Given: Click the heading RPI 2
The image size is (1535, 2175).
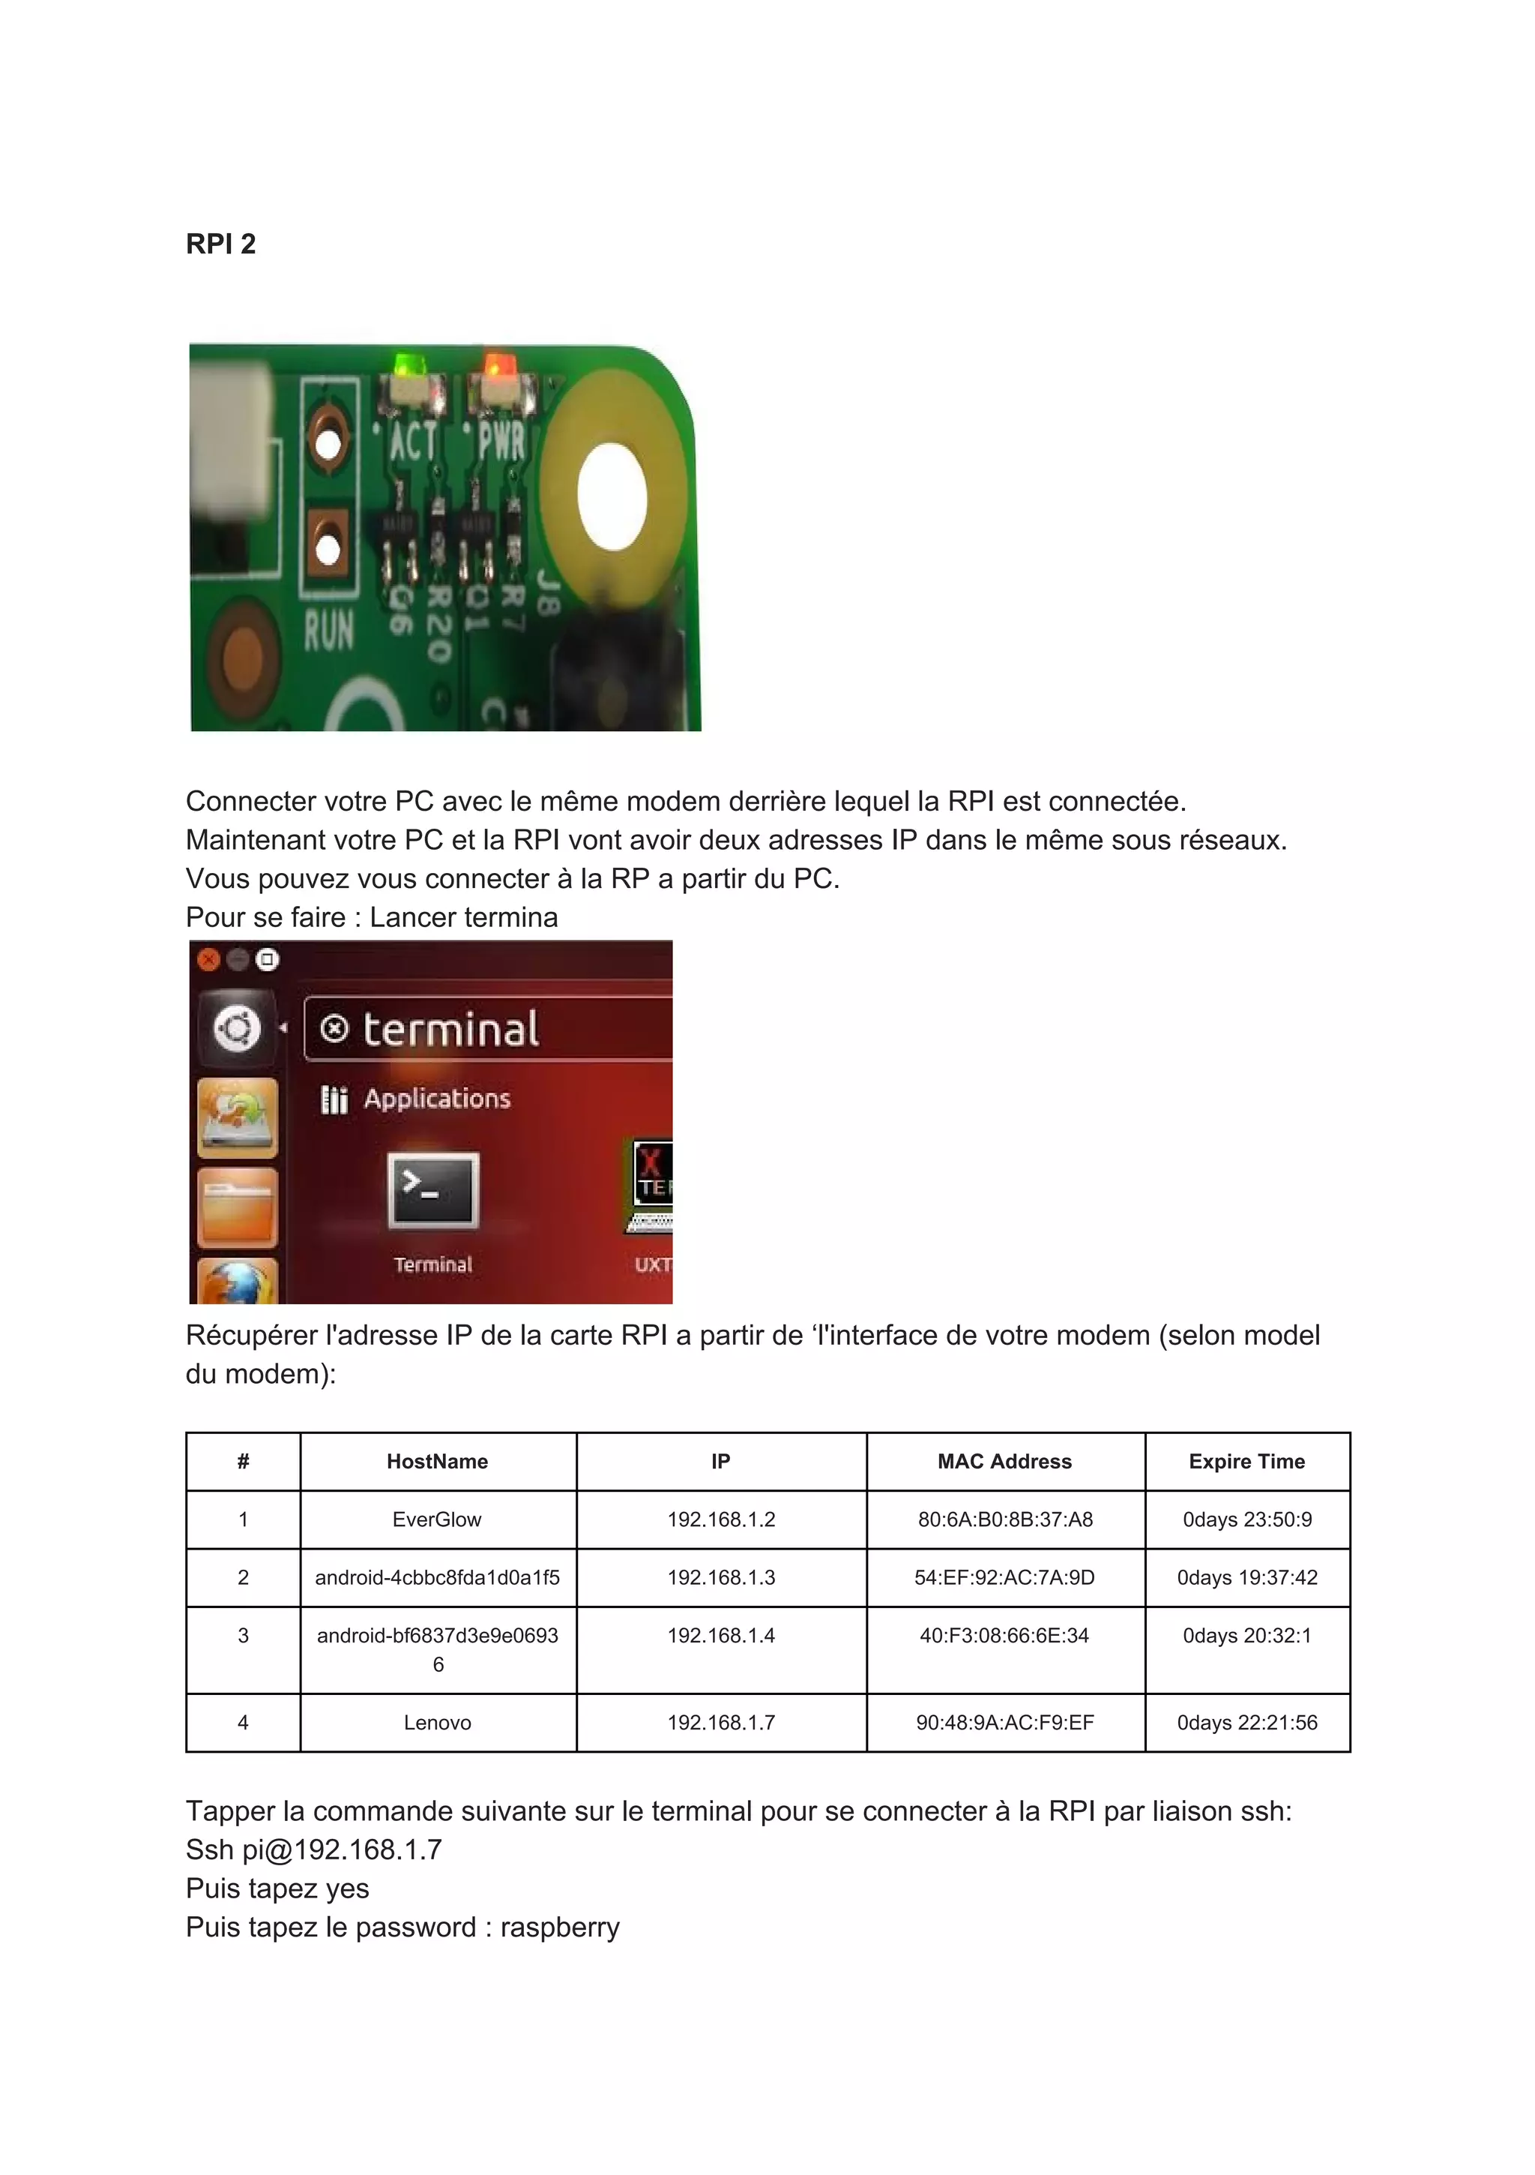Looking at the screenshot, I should click(x=220, y=244).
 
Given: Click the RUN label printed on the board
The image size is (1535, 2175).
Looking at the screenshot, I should click(x=328, y=631).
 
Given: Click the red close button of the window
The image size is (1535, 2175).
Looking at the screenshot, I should click(x=208, y=959).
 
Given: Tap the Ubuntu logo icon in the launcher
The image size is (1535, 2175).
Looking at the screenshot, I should click(x=237, y=1027).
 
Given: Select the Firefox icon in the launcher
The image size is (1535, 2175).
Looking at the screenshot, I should click(x=237, y=1283).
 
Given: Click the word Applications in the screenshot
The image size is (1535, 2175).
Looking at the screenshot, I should click(x=436, y=1099).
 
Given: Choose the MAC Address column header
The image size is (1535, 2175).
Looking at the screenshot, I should click(x=1004, y=1462).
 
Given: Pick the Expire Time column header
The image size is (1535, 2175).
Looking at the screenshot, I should click(x=1246, y=1462).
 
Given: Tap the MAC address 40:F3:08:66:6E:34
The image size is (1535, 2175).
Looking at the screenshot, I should click(x=1004, y=1635).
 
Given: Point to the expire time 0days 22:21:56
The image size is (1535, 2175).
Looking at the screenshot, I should click(x=1246, y=1722).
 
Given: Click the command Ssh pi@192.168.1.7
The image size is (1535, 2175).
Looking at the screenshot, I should click(x=313, y=1850).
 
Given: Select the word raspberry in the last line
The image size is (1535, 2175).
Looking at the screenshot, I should click(x=560, y=1927).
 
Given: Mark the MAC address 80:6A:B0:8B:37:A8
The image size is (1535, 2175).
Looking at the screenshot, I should click(x=1004, y=1519).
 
